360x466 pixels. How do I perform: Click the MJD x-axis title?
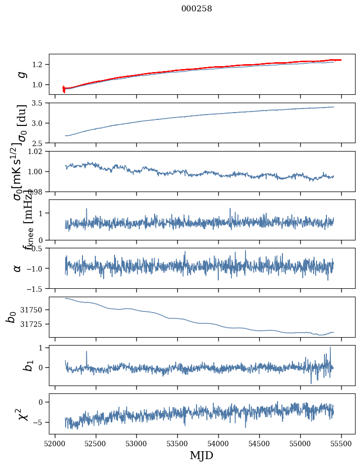[201, 455]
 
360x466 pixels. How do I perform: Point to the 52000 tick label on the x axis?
[55, 443]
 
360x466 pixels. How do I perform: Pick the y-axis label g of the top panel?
[21, 74]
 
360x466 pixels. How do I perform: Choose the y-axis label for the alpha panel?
[18, 268]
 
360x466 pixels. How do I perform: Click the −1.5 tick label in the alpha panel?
[37, 288]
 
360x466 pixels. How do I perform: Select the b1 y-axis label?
[16, 365]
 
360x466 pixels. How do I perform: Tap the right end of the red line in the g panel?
[341, 60]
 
